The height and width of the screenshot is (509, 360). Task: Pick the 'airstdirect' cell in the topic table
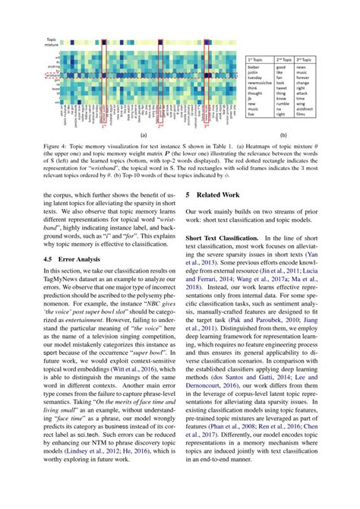point(308,109)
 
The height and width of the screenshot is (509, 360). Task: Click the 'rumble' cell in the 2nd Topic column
point(282,103)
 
